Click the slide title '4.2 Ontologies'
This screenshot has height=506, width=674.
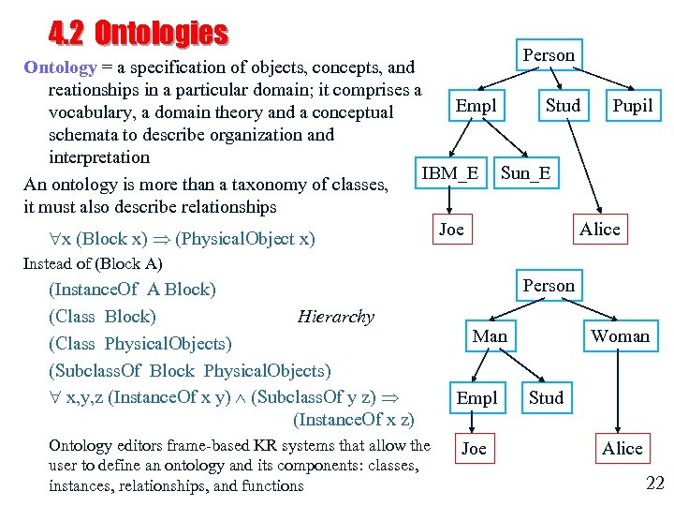pos(138,34)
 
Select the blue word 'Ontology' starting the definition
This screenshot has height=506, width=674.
pos(60,67)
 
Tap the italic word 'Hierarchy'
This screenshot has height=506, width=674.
pos(335,317)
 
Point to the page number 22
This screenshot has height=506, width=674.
pos(654,484)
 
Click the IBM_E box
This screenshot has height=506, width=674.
pos(449,173)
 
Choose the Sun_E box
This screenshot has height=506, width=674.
pos(525,173)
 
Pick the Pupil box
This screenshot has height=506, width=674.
pos(632,106)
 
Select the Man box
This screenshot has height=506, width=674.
pos(490,336)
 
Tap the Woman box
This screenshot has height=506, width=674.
pos(620,336)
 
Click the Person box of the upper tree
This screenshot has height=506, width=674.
pos(549,55)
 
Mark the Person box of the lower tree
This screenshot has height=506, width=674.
pos(549,286)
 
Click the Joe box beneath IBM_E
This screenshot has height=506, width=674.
pos(451,230)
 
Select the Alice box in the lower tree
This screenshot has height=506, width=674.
pos(623,449)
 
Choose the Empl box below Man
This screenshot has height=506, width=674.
pos(476,398)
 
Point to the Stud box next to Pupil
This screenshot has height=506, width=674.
pos(563,106)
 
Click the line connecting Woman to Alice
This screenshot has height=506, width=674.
pos(622,393)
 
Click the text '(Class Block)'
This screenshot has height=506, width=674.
pos(102,317)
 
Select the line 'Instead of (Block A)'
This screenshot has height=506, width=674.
pos(92,263)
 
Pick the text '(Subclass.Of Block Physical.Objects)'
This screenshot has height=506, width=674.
pos(189,370)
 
